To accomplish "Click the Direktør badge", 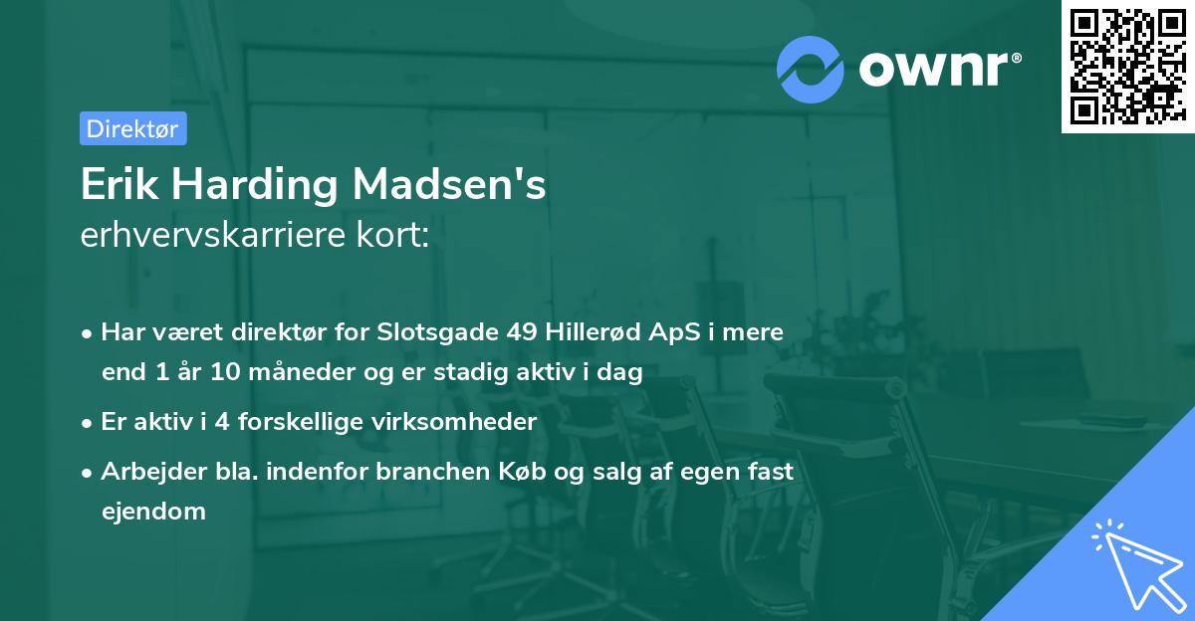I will (x=132, y=128).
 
